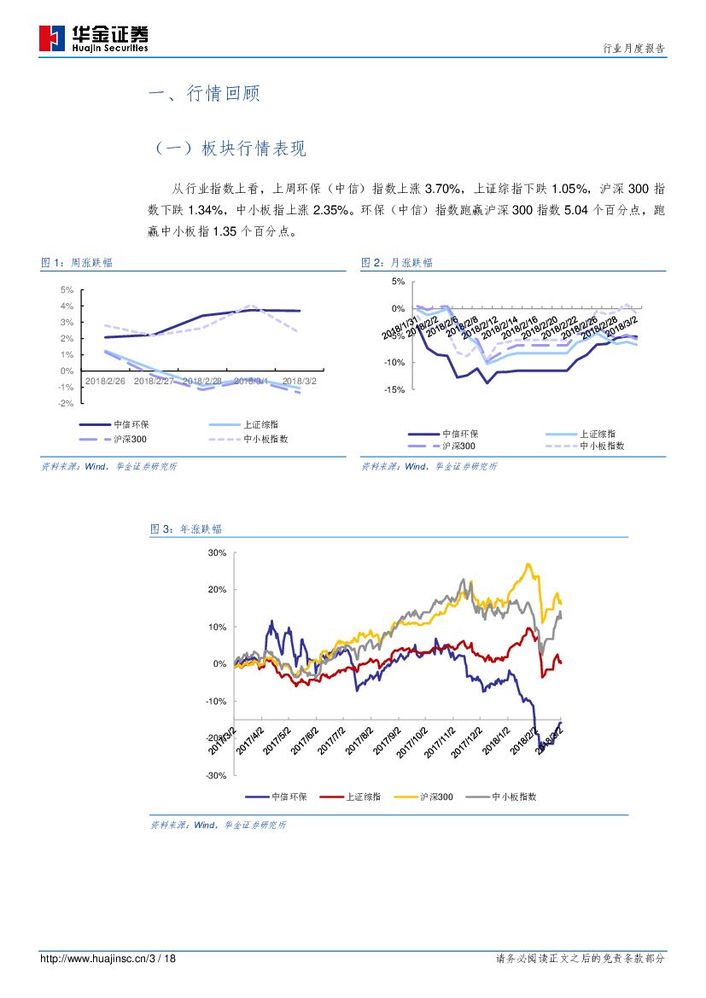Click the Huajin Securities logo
[94, 38]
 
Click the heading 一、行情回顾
[204, 94]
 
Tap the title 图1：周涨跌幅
[77, 263]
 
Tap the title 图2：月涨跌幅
[397, 263]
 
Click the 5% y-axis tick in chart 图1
[67, 289]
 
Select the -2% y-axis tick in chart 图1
[66, 404]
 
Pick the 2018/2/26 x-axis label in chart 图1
[105, 382]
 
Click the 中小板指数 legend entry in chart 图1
[265, 439]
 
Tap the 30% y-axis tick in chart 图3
[217, 553]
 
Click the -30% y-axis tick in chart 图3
[216, 775]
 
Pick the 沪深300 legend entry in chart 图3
[436, 797]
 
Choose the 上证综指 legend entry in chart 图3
[363, 797]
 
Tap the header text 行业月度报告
[633, 49]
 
